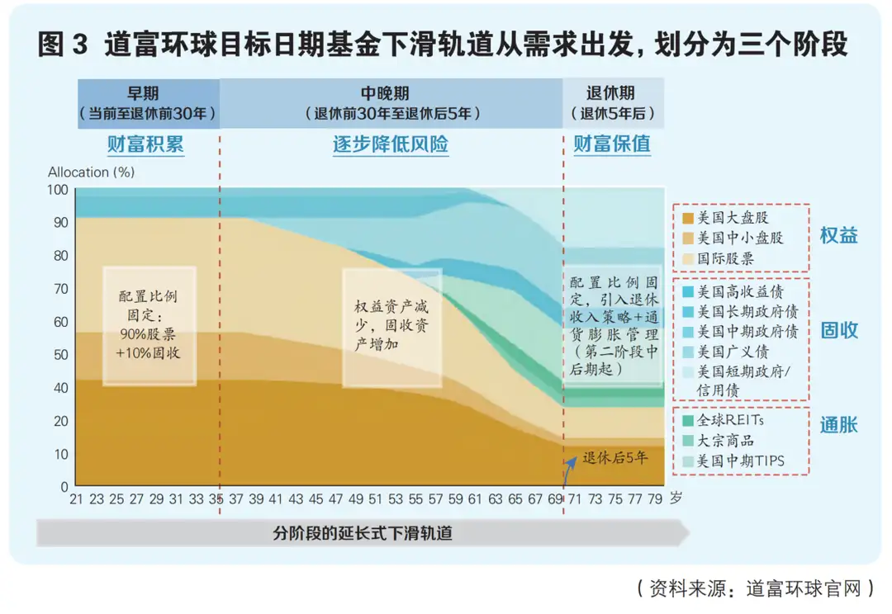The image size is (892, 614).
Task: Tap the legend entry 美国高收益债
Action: [x=740, y=291]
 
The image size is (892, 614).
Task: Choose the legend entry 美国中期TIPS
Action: [x=740, y=461]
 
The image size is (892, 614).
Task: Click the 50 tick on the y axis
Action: [x=59, y=354]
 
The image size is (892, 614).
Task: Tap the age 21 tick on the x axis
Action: [x=76, y=499]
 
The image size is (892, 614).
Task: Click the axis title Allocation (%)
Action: [x=91, y=172]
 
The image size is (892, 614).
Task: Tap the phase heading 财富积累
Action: [x=145, y=145]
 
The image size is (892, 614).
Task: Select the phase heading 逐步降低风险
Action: [x=390, y=145]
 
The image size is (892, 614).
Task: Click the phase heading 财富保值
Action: [x=612, y=145]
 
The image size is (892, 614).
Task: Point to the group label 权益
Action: [x=838, y=236]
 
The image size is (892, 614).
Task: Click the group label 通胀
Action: [x=838, y=426]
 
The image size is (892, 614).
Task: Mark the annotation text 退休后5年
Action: [x=615, y=458]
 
